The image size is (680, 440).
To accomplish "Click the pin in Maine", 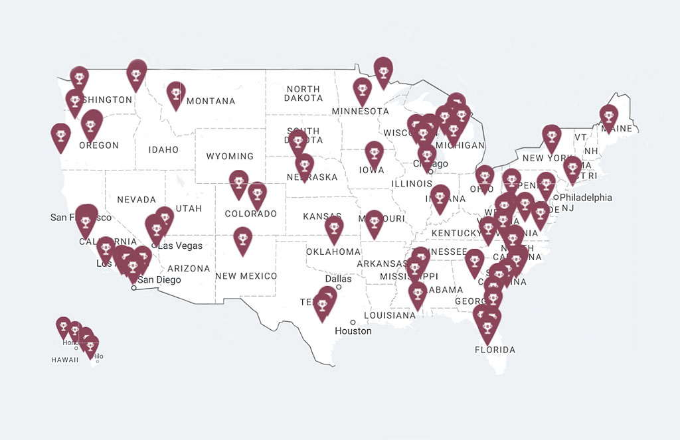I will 608,117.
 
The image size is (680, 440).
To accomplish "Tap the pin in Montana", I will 175,94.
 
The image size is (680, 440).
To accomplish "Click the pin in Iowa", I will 374,153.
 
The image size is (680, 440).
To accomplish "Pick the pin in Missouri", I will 374,222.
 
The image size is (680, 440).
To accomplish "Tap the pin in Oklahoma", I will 334,228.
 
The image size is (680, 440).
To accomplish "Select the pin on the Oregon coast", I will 60,136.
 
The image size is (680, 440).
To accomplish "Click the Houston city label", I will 353,330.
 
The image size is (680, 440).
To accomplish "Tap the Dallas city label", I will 338,279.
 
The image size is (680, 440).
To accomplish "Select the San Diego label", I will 159,279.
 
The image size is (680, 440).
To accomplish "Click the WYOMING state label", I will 230,157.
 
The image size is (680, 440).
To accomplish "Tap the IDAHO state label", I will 164,149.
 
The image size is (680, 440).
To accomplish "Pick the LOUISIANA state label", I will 390,315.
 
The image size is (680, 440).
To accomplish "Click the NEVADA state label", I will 136,199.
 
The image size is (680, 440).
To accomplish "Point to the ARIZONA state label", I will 189,269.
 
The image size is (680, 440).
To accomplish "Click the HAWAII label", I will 64,360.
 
